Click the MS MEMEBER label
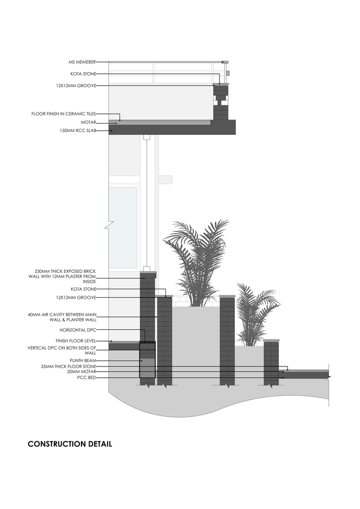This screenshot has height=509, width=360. [x=82, y=62]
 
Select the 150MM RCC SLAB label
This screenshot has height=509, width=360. [x=78, y=131]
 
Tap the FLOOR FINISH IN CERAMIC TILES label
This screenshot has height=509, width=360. [x=63, y=114]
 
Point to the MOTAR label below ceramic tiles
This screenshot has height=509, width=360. [x=88, y=122]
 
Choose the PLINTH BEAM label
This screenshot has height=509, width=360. [x=83, y=360]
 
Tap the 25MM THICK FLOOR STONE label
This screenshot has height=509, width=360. [x=68, y=366]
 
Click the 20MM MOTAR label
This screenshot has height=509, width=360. [x=80, y=372]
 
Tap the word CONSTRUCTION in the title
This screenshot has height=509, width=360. [x=57, y=444]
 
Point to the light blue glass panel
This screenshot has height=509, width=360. [x=123, y=227]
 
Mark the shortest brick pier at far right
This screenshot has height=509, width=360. [x=271, y=362]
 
